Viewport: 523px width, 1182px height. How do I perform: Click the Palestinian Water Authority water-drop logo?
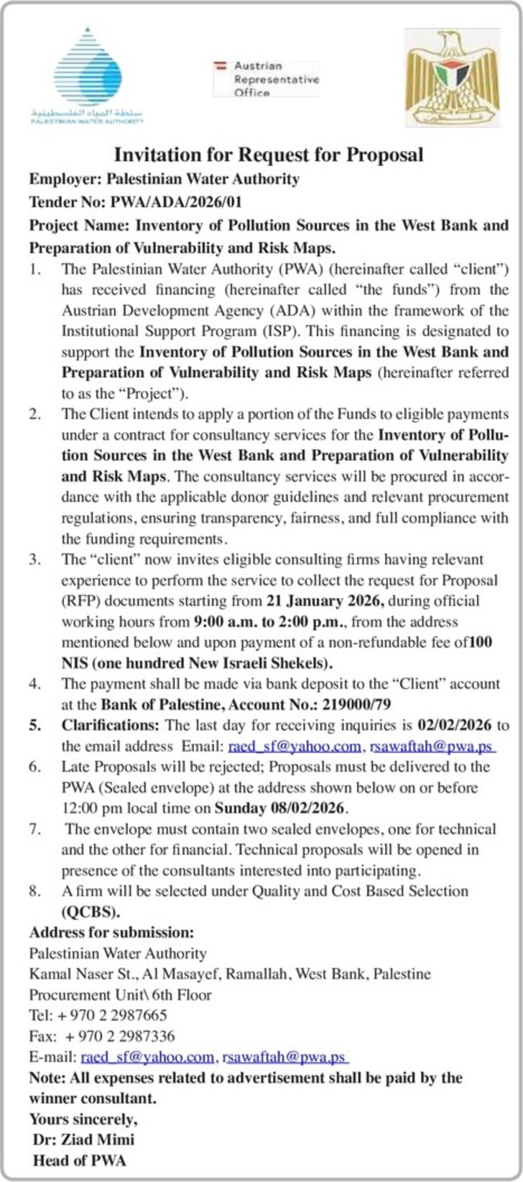point(88,75)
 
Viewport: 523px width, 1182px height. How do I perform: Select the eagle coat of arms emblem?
point(452,77)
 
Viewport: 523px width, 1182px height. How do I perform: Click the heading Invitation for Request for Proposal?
point(269,154)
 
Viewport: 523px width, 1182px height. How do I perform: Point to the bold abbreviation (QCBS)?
point(91,912)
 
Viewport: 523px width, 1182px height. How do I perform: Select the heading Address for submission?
point(111,933)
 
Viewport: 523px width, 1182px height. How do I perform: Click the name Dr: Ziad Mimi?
point(83,1140)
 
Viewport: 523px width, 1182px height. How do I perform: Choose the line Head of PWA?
point(79,1160)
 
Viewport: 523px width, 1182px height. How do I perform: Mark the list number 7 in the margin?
point(34,829)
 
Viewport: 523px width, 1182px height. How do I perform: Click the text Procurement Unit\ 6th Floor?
point(120,995)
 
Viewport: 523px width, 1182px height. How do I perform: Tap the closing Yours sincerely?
point(83,1119)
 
